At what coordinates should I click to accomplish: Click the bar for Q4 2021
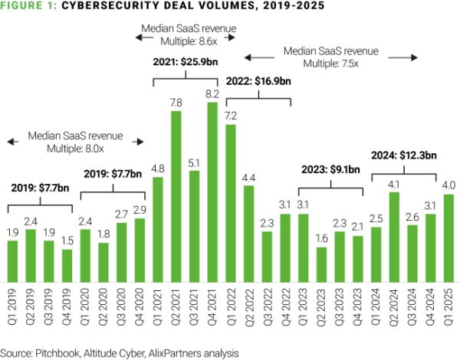coord(214,191)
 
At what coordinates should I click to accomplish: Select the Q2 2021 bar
coord(176,195)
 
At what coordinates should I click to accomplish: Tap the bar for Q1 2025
coord(448,237)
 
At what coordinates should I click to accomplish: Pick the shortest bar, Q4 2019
coord(67,265)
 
